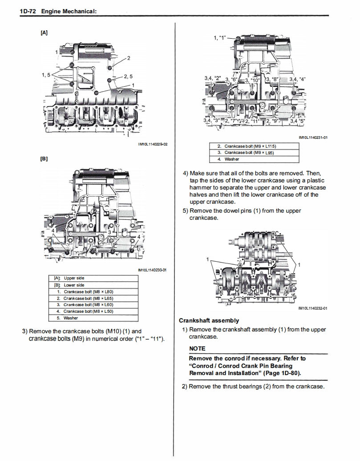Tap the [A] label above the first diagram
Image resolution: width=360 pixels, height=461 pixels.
(44, 32)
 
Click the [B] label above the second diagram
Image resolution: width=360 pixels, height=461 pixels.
(44, 159)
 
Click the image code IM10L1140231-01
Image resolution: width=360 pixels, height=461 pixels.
(313, 137)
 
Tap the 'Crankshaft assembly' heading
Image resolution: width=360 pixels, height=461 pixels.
(209, 320)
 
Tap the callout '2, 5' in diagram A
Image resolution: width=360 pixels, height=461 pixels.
(128, 76)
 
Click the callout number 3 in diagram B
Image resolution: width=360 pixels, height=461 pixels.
(109, 232)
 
